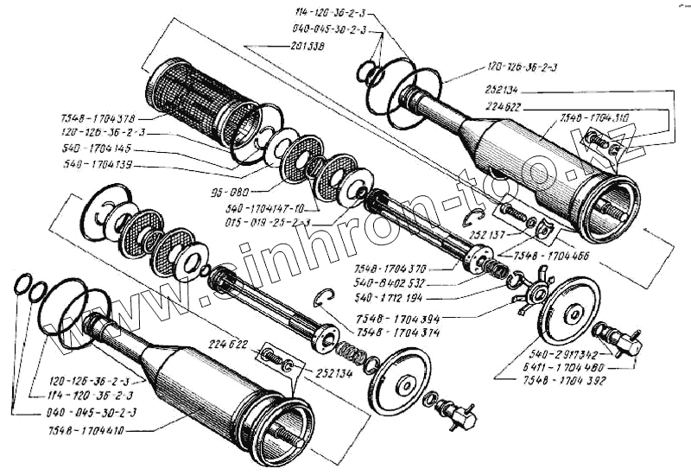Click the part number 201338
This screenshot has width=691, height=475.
[272, 47]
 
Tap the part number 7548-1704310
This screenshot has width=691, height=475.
[594, 115]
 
